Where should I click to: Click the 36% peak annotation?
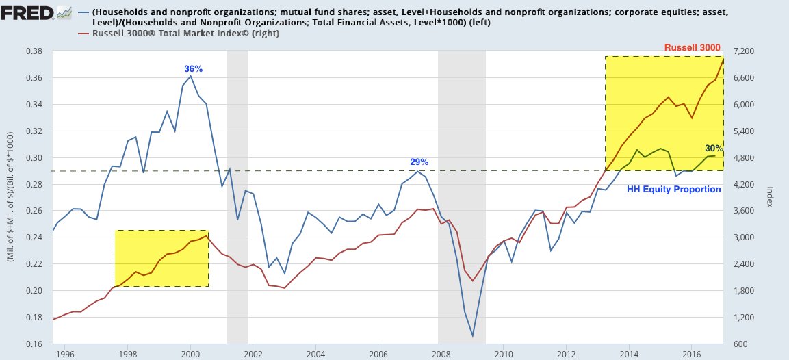click(194, 69)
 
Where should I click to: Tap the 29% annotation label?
click(419, 162)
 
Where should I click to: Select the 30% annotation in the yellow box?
click(714, 148)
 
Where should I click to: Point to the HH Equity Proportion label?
click(674, 189)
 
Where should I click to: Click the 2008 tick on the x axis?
click(441, 354)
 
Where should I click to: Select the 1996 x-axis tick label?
click(64, 354)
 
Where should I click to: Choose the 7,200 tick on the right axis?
click(743, 51)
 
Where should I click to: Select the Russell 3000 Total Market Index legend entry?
click(181, 33)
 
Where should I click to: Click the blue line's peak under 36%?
click(190, 76)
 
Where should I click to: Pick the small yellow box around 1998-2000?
click(161, 258)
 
